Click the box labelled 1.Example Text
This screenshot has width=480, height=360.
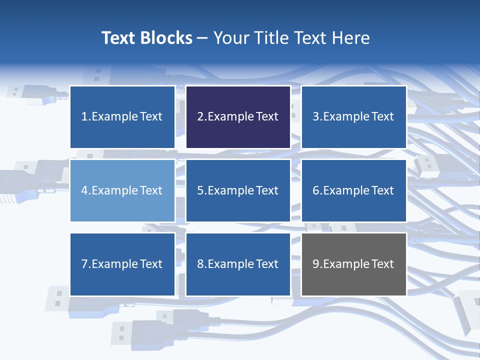click(x=122, y=117)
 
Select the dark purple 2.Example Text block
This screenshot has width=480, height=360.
click(x=238, y=117)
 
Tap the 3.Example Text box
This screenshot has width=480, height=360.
click(x=353, y=117)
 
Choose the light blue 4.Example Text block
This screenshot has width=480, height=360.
click(x=122, y=190)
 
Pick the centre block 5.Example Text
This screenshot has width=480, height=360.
click(x=238, y=190)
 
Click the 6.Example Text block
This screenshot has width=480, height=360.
click(x=353, y=190)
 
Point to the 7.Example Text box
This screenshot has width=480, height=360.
click(x=122, y=264)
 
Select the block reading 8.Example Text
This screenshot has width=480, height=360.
click(x=238, y=264)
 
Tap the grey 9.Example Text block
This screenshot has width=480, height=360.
click(x=353, y=264)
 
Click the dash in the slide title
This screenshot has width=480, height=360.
click(x=202, y=38)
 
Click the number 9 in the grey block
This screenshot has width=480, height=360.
click(x=316, y=264)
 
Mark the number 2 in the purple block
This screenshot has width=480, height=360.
click(x=200, y=117)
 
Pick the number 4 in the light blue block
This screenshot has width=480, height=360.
click(x=84, y=190)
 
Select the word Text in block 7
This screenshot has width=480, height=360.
click(x=151, y=264)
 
